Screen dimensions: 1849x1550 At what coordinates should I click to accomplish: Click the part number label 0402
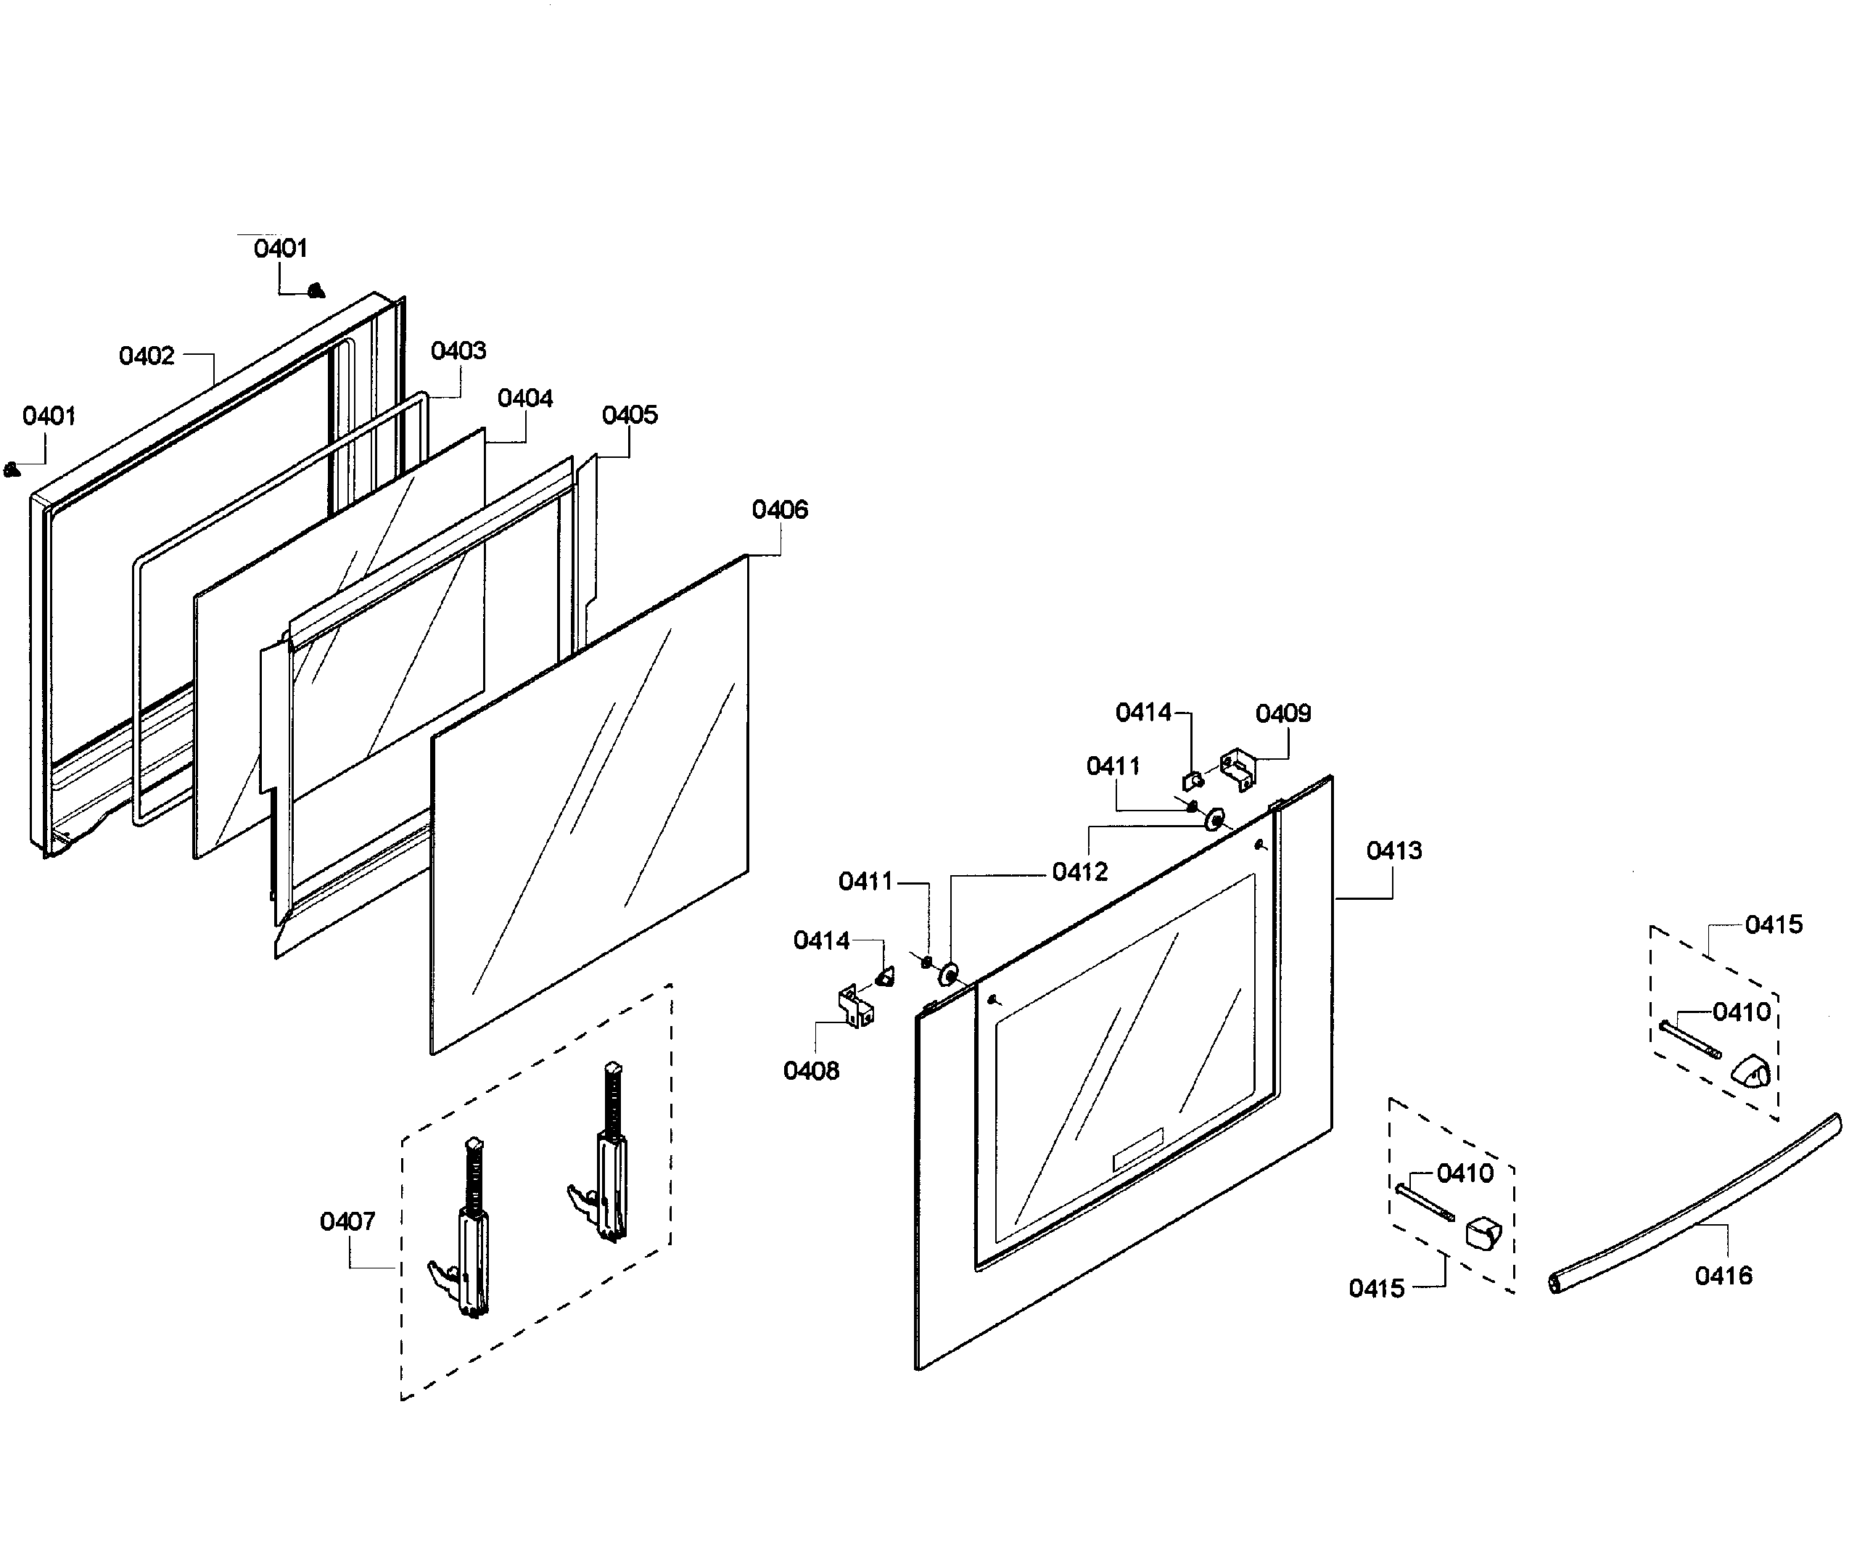tap(147, 356)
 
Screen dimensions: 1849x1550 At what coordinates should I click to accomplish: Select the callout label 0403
tap(458, 350)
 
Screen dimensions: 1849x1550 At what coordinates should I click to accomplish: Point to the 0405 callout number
tap(630, 415)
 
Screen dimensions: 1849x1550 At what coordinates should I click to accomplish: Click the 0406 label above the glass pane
tap(779, 509)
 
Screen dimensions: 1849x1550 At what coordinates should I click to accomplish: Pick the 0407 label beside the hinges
tap(347, 1221)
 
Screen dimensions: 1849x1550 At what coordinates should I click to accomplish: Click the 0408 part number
tap(811, 1070)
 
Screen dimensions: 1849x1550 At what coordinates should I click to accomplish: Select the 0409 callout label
tap(1283, 713)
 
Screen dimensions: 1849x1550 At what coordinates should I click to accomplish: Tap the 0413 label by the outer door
tap(1393, 850)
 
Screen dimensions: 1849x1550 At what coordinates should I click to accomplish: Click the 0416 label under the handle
tap(1723, 1275)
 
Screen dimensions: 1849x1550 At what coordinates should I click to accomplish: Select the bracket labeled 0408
tap(856, 1006)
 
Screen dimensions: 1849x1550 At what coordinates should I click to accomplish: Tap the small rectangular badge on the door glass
tap(1137, 1149)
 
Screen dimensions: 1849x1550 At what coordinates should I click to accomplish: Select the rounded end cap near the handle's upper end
tap(1750, 1072)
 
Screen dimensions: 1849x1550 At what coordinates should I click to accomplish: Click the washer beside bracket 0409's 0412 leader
tap(1215, 821)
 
